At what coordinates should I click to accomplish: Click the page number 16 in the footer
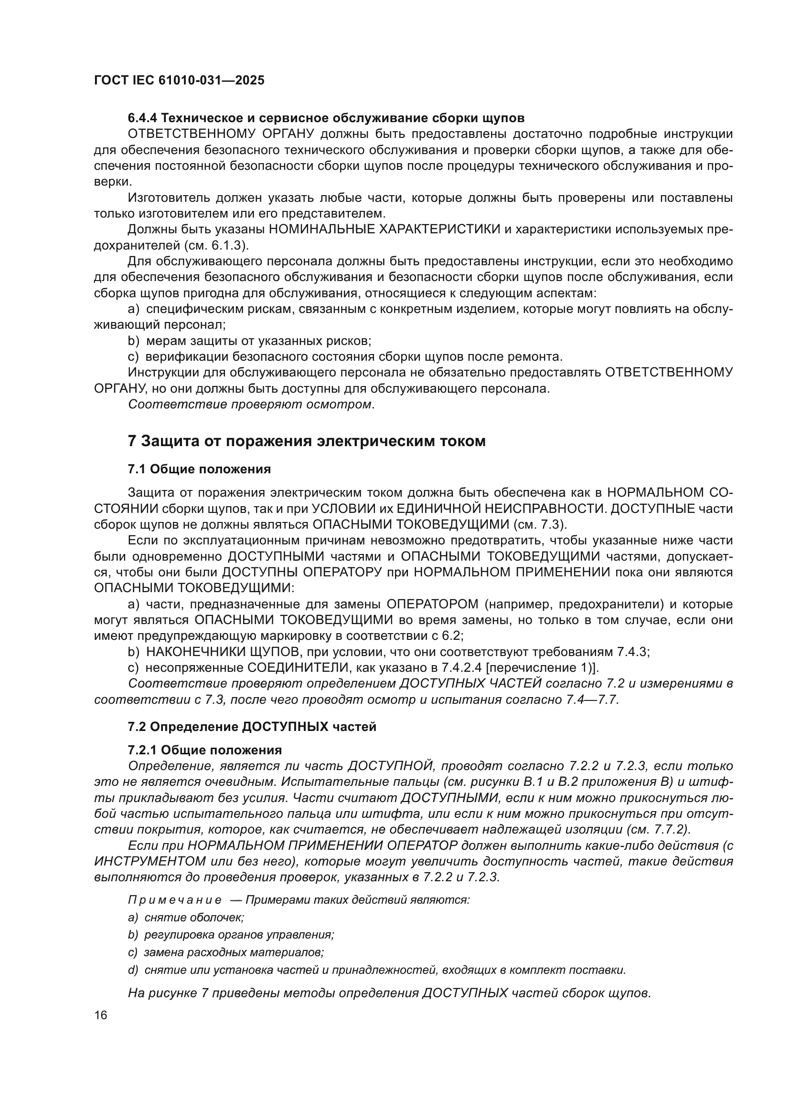click(100, 1015)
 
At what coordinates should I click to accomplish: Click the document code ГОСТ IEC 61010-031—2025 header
click(179, 81)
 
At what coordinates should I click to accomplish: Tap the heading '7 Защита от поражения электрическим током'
click(307, 441)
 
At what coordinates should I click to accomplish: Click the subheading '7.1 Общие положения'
click(199, 469)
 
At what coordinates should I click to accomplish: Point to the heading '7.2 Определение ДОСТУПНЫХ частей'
click(252, 727)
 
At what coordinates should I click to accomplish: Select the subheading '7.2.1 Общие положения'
click(205, 750)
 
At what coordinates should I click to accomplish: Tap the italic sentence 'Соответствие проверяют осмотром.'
click(251, 405)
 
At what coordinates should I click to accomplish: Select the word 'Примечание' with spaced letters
click(175, 900)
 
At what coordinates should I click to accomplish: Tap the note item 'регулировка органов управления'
click(239, 935)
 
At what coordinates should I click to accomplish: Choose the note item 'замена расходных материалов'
click(234, 952)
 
